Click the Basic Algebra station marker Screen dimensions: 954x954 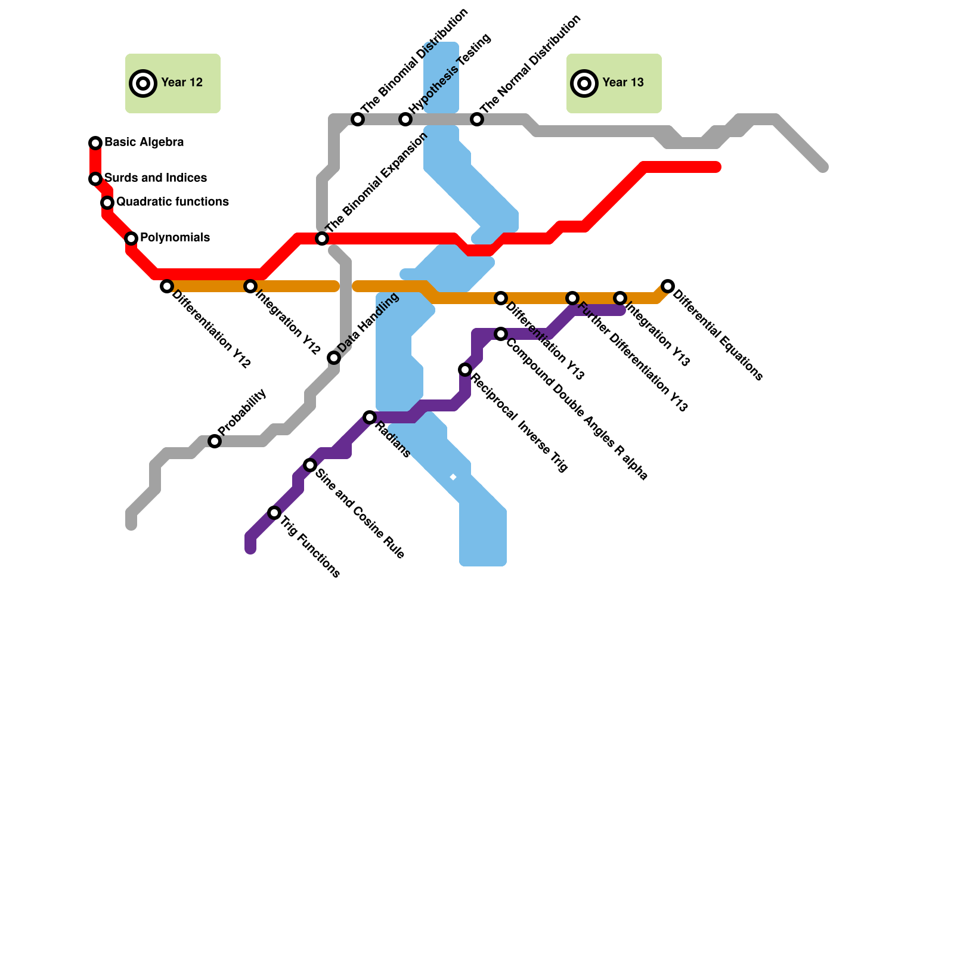[x=95, y=143]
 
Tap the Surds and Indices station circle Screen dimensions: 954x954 [x=95, y=179]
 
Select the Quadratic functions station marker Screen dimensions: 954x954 [x=107, y=203]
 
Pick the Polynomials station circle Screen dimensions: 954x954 [x=131, y=238]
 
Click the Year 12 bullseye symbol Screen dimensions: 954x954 [x=143, y=83]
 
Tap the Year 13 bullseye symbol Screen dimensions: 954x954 [x=584, y=83]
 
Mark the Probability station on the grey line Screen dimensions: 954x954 [x=215, y=441]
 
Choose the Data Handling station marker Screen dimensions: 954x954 [x=334, y=358]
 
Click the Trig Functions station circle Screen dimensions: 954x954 [x=274, y=513]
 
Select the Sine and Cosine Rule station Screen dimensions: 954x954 [x=310, y=465]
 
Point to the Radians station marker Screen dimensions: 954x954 [x=370, y=417]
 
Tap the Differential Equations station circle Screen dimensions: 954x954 [x=668, y=286]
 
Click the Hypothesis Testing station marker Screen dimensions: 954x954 [x=405, y=119]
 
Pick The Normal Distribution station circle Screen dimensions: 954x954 [x=477, y=119]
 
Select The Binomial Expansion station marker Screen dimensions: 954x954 [x=322, y=238]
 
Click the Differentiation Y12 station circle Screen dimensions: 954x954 [x=167, y=286]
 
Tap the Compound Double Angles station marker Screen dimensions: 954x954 [x=501, y=334]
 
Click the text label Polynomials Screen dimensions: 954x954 [x=175, y=238]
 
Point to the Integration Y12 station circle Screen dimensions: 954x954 [x=250, y=286]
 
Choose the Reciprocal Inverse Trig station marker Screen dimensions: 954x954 [x=465, y=370]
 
